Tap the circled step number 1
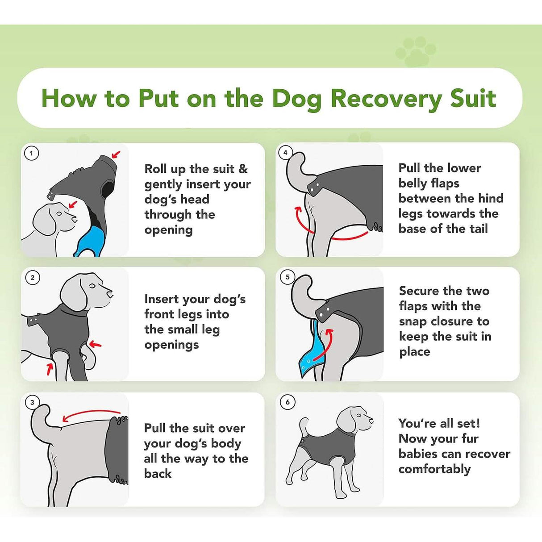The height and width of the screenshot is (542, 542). pyautogui.click(x=31, y=154)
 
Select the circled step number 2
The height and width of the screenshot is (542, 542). pyautogui.click(x=32, y=278)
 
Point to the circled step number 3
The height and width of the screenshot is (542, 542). pyautogui.click(x=32, y=402)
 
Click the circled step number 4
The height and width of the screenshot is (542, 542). pyautogui.click(x=285, y=153)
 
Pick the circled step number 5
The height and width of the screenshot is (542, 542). pyautogui.click(x=288, y=277)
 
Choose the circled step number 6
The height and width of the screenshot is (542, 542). pyautogui.click(x=288, y=402)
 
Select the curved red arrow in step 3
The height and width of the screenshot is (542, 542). pyautogui.click(x=91, y=414)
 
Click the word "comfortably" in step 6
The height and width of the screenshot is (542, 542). pyautogui.click(x=434, y=469)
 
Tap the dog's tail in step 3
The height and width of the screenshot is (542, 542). pyautogui.click(x=41, y=417)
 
